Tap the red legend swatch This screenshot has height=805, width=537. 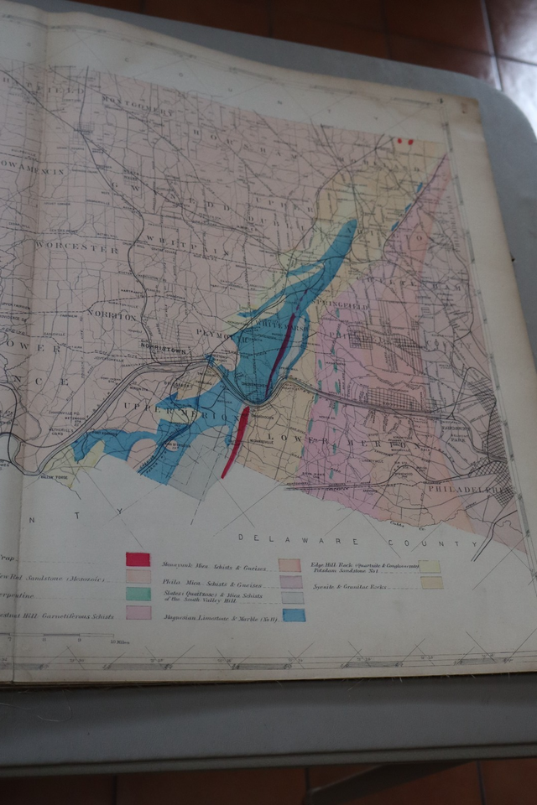[x=138, y=559]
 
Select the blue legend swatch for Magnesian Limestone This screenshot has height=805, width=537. [x=294, y=615]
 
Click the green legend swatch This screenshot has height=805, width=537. [x=138, y=594]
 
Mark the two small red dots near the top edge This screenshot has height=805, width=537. [x=405, y=142]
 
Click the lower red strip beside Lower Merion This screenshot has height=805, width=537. [x=236, y=439]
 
